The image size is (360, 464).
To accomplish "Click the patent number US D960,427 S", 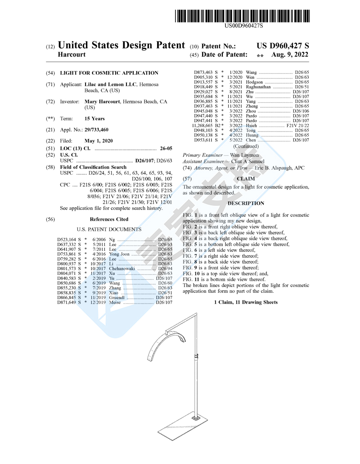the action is (x=283, y=45).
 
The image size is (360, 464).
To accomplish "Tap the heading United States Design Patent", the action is (x=121, y=45).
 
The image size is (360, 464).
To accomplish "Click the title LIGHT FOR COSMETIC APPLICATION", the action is (x=109, y=73).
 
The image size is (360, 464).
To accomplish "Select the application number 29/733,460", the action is (x=96, y=130).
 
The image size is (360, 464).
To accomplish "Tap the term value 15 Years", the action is (x=94, y=119).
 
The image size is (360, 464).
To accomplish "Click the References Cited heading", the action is (x=109, y=219).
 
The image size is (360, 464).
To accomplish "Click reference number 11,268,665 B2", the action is (x=207, y=126).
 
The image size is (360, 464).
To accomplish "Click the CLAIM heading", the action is (x=246, y=179).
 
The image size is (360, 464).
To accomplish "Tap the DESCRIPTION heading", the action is (x=246, y=204).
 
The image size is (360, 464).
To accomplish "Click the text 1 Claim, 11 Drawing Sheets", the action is (x=246, y=302).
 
